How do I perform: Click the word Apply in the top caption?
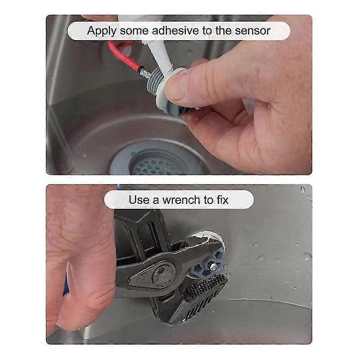102,31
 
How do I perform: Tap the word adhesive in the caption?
175,31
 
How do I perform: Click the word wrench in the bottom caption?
181,200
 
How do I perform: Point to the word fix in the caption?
222,199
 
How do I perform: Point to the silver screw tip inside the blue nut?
213,266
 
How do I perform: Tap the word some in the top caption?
134,31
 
